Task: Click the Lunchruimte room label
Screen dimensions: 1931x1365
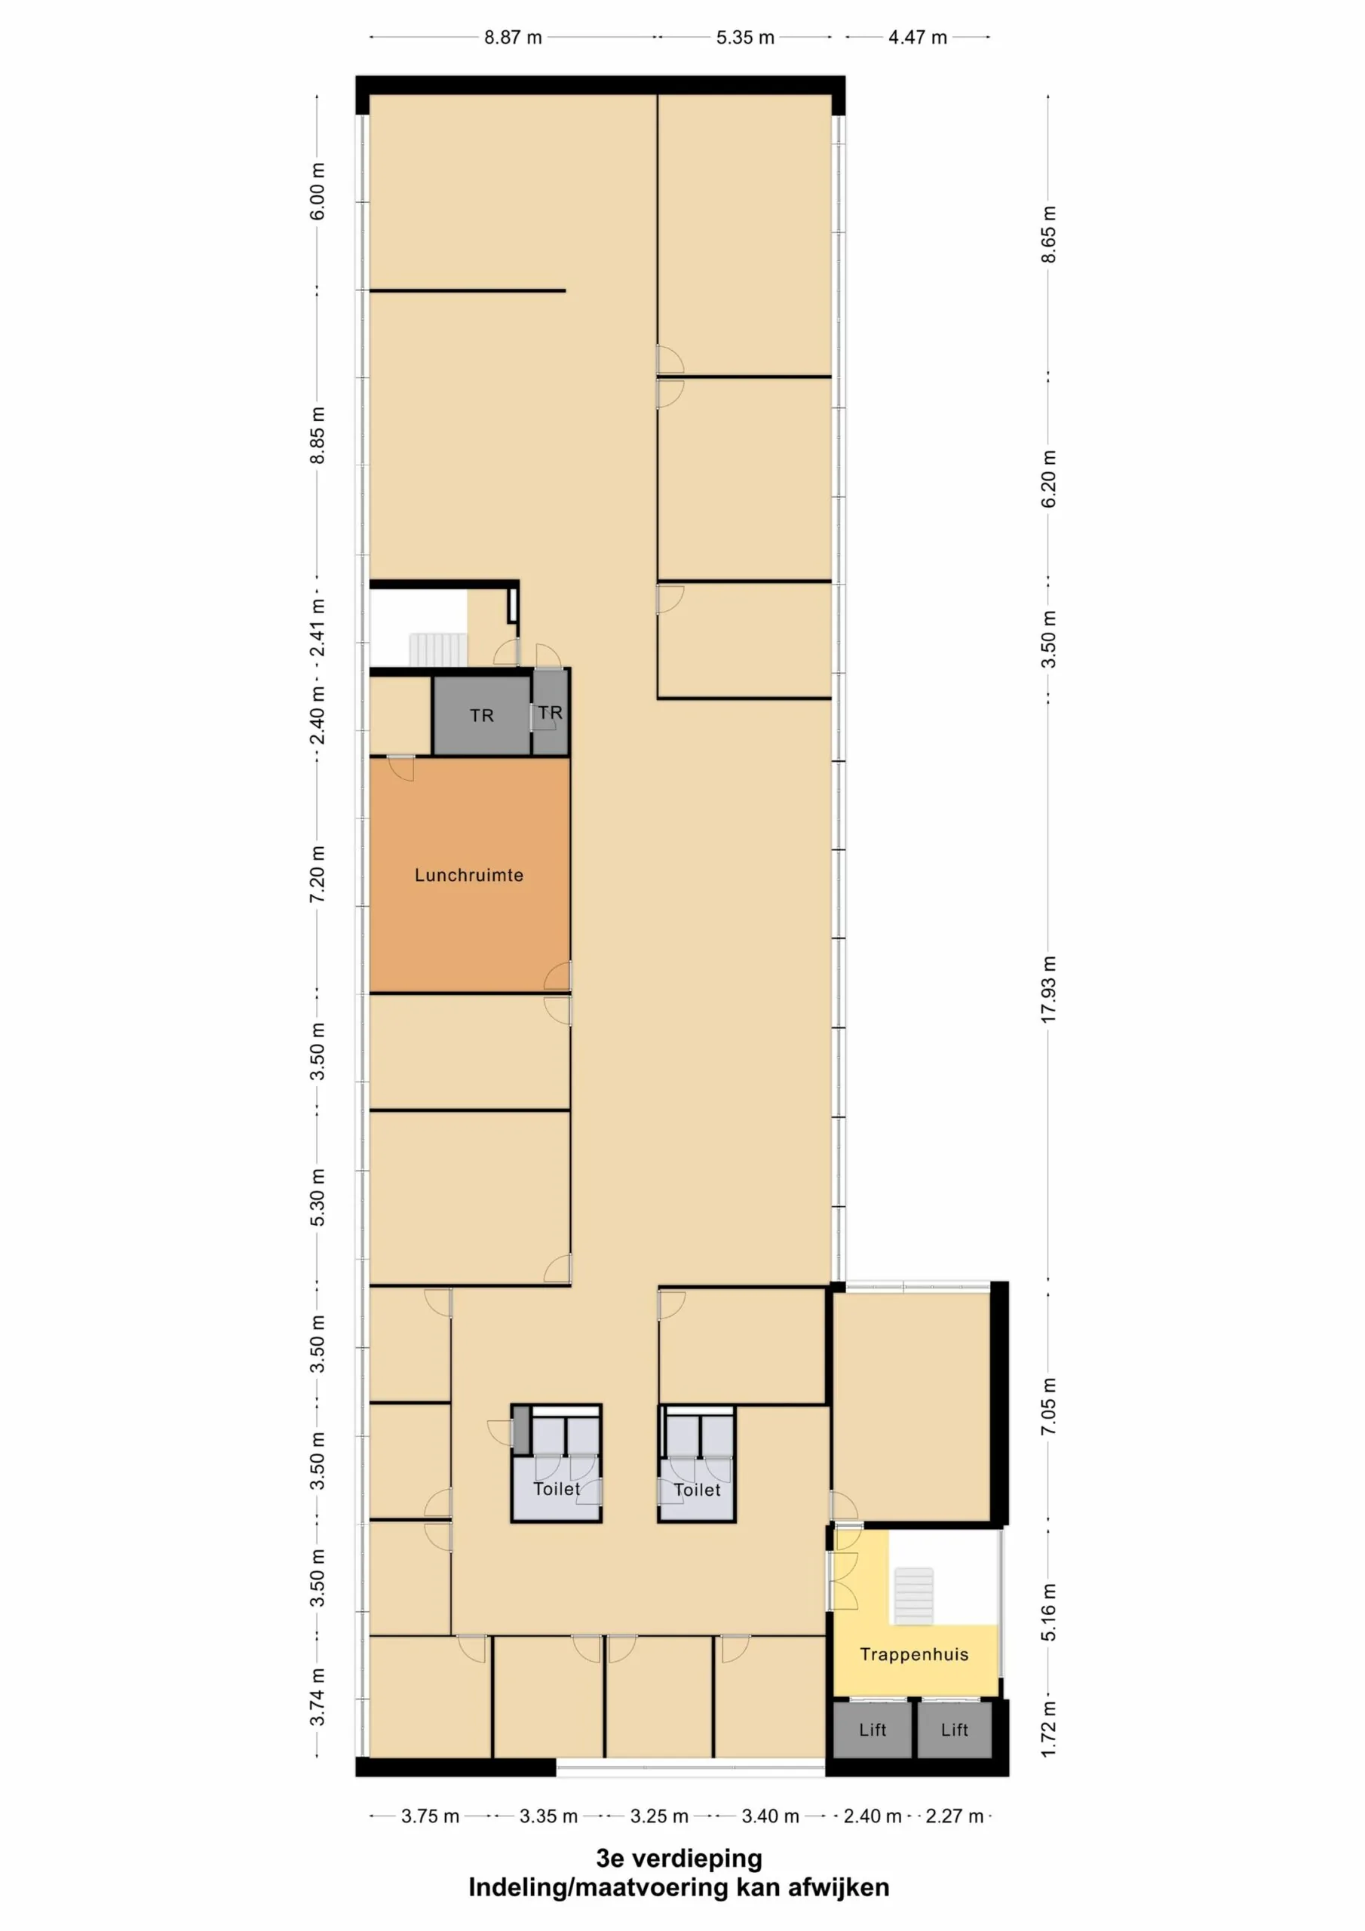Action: click(x=468, y=875)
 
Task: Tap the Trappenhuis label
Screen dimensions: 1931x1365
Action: click(x=913, y=1654)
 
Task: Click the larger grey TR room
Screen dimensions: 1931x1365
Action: click(x=481, y=715)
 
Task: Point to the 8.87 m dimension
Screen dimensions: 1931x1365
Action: click(x=512, y=38)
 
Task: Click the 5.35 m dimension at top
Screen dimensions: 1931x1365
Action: click(x=744, y=38)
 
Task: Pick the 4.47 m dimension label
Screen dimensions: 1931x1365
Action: click(x=917, y=38)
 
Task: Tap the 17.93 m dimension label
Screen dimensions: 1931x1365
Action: click(x=1048, y=989)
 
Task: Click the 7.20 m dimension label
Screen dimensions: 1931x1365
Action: click(x=317, y=875)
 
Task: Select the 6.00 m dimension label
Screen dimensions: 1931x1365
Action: click(x=317, y=192)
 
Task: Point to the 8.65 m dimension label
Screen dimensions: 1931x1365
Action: click(x=1048, y=234)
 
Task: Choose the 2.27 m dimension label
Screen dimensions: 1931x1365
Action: click(x=954, y=1816)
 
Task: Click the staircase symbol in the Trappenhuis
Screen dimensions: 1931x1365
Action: click(x=913, y=1595)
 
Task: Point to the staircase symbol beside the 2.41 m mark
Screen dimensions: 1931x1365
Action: click(x=438, y=649)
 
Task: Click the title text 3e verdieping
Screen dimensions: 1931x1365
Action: click(x=679, y=1858)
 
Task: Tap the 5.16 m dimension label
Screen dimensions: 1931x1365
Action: click(x=1048, y=1611)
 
